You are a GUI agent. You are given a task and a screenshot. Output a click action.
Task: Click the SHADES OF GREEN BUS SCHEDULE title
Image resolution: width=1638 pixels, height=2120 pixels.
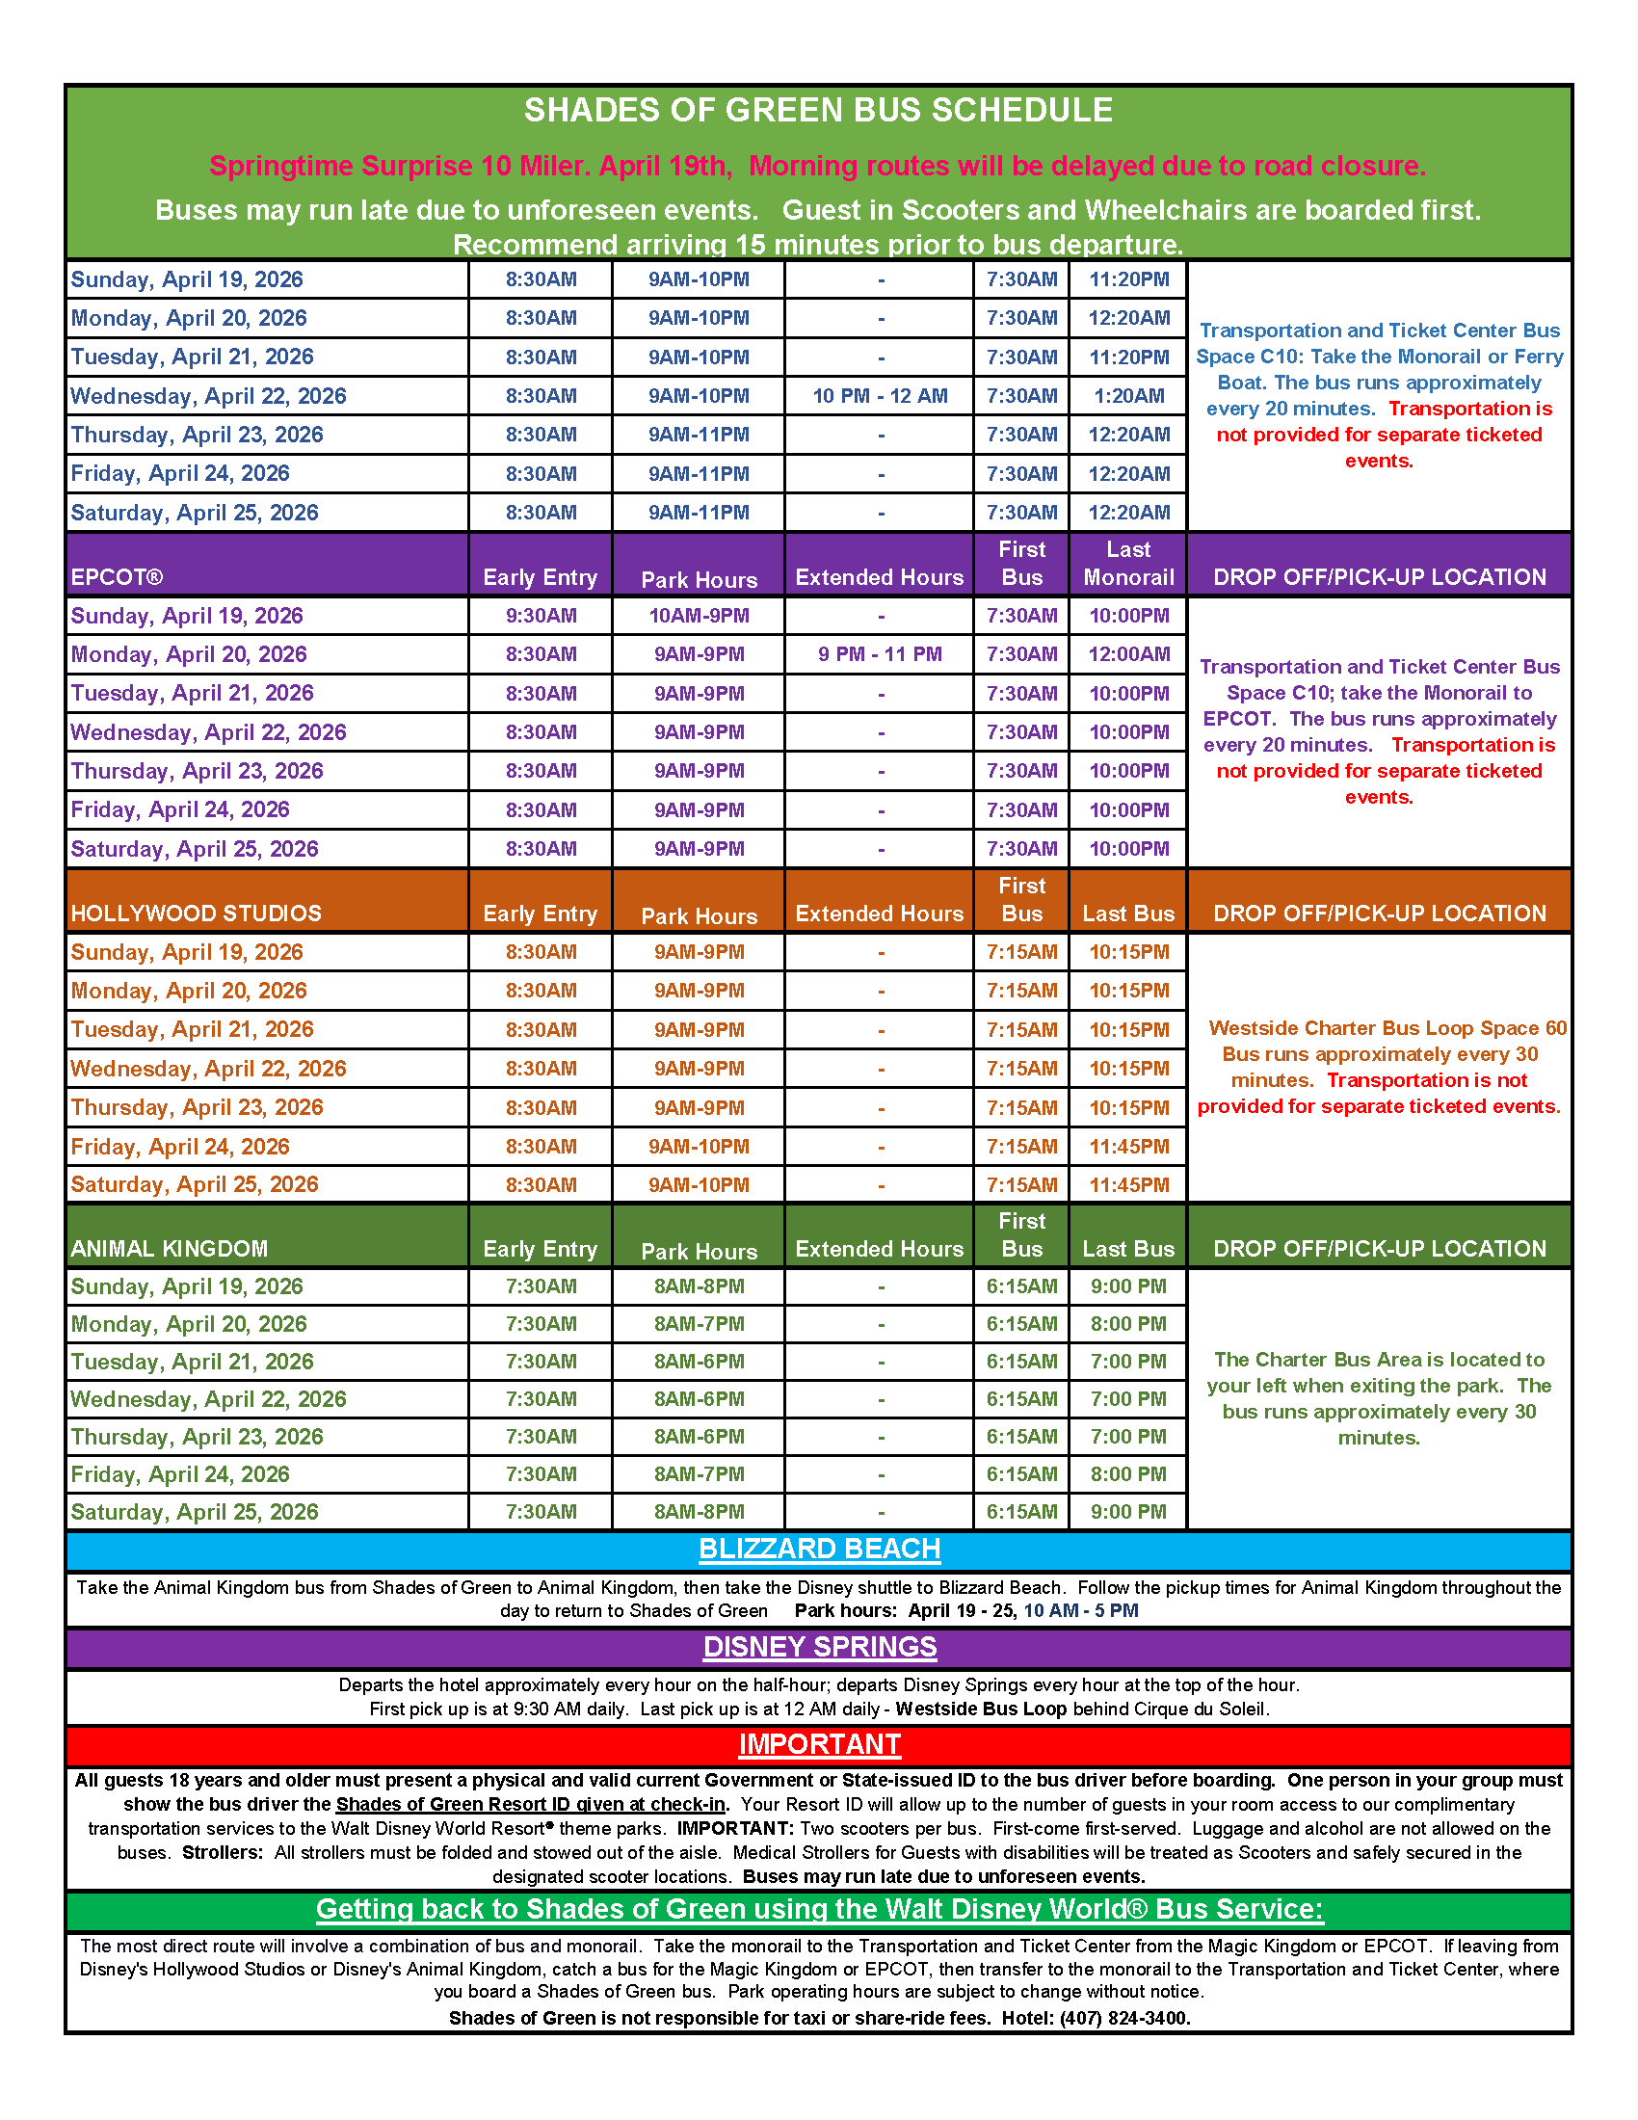(x=818, y=111)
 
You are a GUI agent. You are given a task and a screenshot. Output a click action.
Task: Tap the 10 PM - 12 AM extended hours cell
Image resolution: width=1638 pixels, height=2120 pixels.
(x=879, y=396)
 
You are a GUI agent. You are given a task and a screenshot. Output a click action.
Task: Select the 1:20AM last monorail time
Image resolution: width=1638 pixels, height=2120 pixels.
(x=1128, y=396)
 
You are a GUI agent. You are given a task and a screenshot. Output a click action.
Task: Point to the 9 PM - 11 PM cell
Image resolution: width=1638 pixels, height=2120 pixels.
(x=879, y=654)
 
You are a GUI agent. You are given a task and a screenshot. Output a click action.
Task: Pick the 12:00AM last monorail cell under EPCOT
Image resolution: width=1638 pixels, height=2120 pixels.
(x=1128, y=654)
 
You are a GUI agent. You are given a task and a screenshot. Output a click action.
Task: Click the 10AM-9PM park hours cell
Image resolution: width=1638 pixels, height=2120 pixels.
(x=699, y=616)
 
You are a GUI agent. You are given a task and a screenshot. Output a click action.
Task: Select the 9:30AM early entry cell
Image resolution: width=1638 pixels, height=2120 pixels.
(x=541, y=616)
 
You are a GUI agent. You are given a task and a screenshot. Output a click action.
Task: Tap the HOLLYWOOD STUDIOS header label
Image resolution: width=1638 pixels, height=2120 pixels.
(x=196, y=914)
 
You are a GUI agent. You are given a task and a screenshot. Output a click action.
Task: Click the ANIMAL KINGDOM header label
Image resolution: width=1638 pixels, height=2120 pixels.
(x=169, y=1249)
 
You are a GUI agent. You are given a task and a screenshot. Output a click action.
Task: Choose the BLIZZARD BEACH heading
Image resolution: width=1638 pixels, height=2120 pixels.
(x=819, y=1550)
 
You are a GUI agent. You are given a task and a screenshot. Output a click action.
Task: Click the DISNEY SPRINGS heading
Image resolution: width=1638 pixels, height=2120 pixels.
(x=819, y=1647)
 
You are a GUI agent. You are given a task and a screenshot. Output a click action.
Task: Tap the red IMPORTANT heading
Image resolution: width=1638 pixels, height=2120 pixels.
(x=819, y=1744)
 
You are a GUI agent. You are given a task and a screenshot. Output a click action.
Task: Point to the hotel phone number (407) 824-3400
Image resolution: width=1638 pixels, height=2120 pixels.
(x=1123, y=2018)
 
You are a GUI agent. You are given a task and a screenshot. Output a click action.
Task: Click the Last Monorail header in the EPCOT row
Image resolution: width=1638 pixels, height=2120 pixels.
(x=1128, y=564)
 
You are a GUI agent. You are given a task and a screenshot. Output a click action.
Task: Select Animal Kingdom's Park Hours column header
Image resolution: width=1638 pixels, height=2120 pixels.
(x=699, y=1252)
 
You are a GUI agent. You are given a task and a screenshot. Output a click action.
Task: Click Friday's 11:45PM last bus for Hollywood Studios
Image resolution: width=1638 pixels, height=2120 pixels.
(x=1128, y=1147)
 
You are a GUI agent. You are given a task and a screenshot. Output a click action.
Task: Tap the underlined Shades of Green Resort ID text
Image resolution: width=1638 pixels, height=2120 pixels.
(x=531, y=1805)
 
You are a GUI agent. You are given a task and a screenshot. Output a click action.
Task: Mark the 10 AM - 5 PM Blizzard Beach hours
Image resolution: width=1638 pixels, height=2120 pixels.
(x=1081, y=1611)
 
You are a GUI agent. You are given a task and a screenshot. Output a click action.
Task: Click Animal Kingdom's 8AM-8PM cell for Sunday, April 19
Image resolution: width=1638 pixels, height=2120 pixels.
(x=699, y=1287)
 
